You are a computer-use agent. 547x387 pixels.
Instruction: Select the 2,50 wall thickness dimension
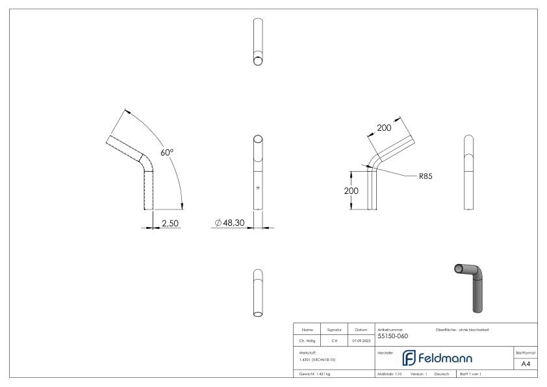coord(170,223)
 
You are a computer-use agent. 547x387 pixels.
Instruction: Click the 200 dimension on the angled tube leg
coord(384,128)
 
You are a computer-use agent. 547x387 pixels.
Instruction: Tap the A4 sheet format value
coord(527,364)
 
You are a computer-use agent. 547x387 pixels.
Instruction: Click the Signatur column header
coord(335,330)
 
